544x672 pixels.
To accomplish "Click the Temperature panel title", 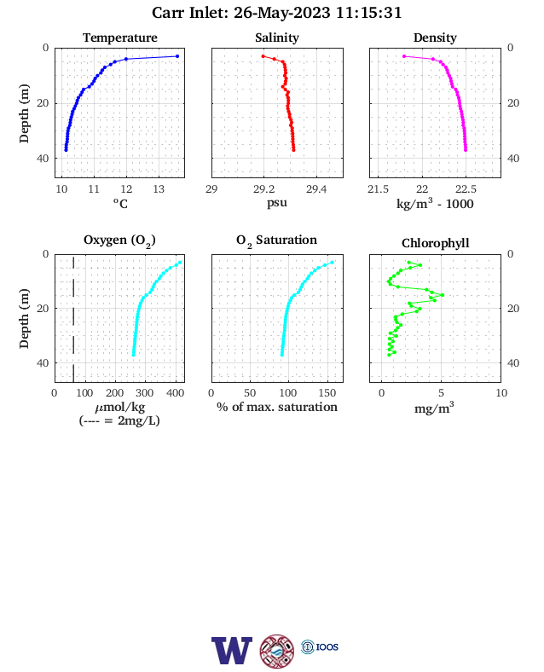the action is point(120,38).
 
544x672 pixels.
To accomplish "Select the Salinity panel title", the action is point(277,38).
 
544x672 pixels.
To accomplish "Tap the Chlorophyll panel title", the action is point(435,243).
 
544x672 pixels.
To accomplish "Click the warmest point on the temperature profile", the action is point(177,56).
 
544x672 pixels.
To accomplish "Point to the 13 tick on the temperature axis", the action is point(159,189).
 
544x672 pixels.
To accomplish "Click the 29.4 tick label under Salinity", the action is point(316,189).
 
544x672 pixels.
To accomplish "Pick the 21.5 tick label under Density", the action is point(378,189).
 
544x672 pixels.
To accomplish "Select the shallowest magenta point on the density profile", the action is point(404,56).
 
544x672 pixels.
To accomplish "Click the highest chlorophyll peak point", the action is point(442,295).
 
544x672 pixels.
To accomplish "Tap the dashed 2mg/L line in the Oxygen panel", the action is point(73,319).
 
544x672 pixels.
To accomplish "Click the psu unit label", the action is point(277,202).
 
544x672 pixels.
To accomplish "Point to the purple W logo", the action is point(231,651).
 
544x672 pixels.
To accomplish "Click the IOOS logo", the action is point(320,646).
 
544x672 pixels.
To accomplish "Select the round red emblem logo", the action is point(277,652).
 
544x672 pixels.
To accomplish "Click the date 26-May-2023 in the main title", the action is point(282,13).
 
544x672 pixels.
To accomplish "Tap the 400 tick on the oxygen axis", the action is point(175,393).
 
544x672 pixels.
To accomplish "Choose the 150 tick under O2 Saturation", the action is point(327,393).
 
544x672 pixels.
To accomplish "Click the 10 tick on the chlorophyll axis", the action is point(501,393).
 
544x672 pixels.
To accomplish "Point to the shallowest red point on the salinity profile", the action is point(263,56).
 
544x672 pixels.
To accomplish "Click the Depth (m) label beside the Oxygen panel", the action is point(24,318).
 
